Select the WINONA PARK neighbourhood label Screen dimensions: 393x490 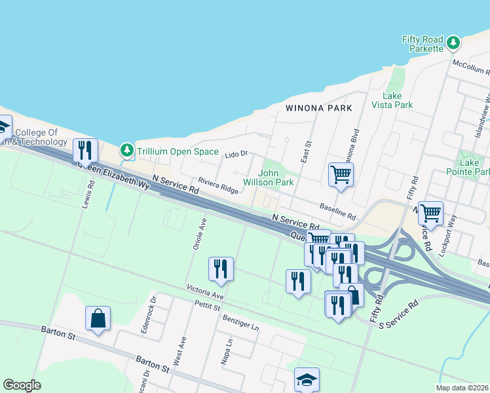pos(318,108)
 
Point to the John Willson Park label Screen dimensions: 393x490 pos(269,178)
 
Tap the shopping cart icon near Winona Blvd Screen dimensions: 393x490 pos(340,175)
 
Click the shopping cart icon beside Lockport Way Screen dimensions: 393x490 pos(430,212)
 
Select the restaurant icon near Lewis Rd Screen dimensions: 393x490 pos(85,151)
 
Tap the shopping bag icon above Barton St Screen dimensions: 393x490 pos(98,318)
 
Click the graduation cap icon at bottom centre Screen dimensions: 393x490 pos(307,379)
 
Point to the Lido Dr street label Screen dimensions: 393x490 pos(236,154)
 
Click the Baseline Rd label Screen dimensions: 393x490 pos(337,211)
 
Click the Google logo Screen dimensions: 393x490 pos(22,384)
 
